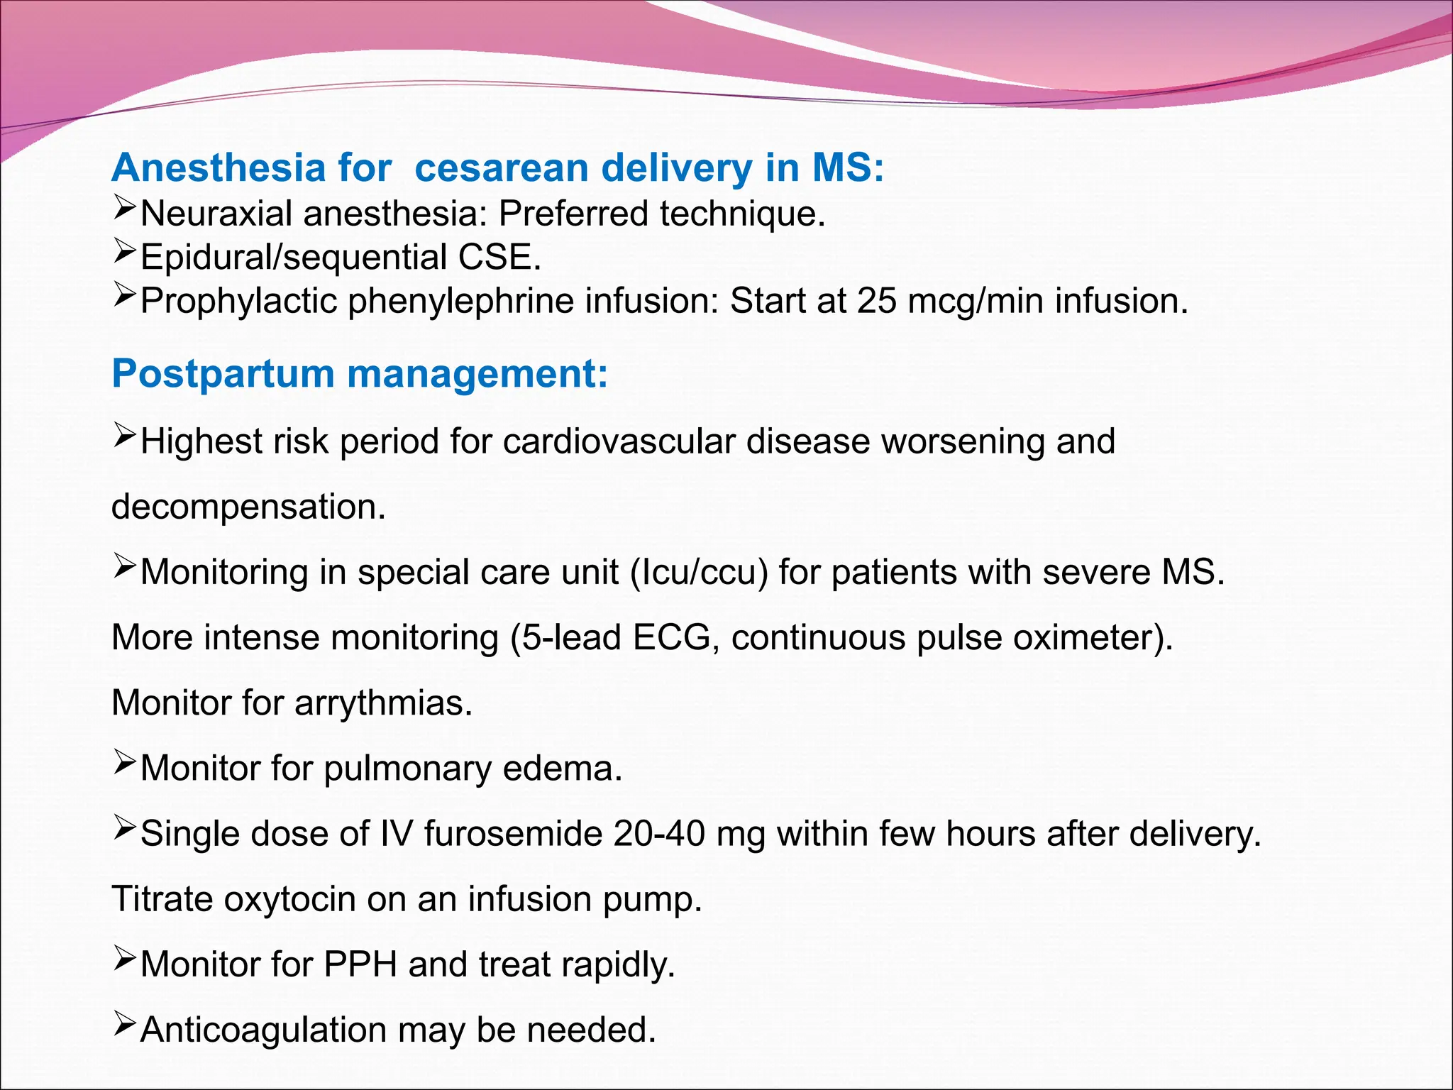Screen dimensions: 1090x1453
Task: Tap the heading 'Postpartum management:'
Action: click(x=360, y=374)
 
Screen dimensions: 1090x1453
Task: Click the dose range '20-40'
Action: click(x=659, y=834)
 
